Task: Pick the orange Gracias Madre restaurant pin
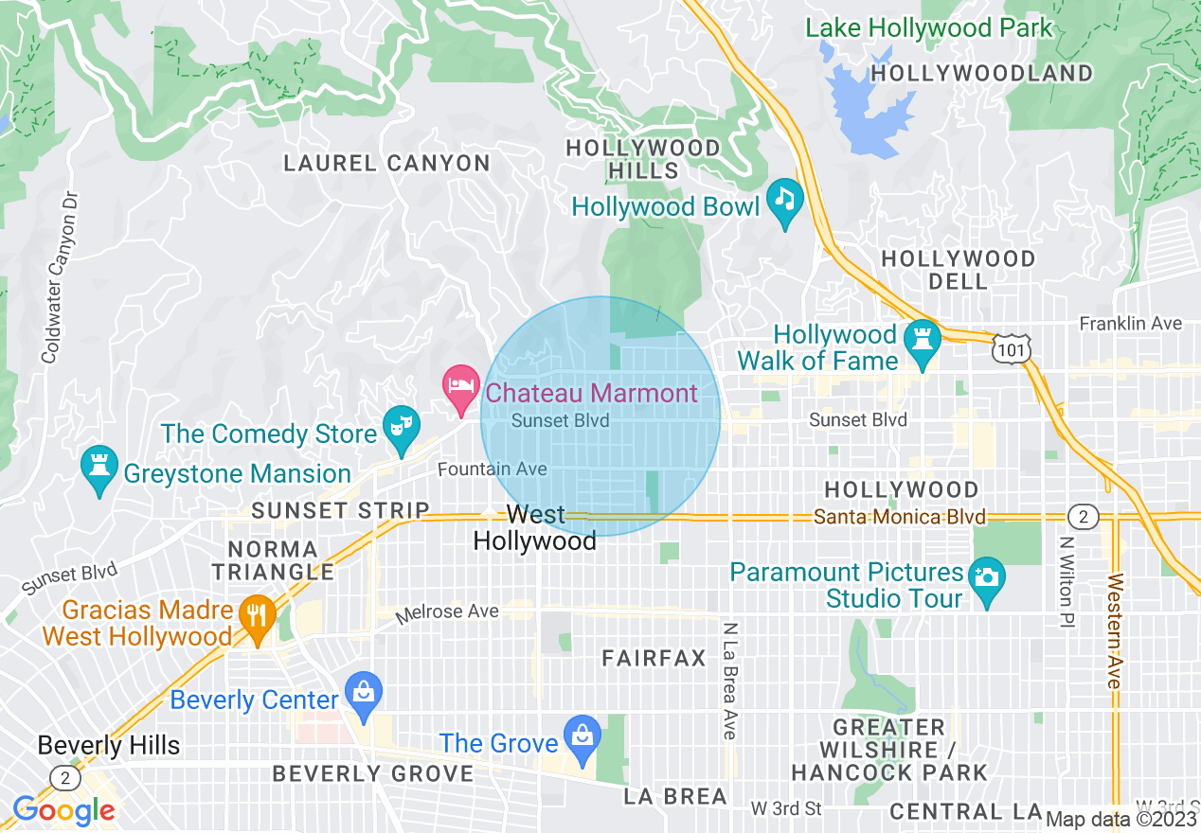click(x=256, y=615)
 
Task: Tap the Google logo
click(x=63, y=810)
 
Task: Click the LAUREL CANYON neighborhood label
click(x=386, y=164)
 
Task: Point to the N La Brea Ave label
click(x=728, y=680)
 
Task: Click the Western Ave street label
click(x=1114, y=630)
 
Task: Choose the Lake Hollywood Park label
click(x=928, y=28)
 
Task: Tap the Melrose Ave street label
click(x=447, y=612)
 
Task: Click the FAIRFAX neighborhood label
click(x=654, y=659)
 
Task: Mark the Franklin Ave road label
click(x=1131, y=324)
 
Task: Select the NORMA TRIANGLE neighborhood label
click(x=272, y=560)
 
